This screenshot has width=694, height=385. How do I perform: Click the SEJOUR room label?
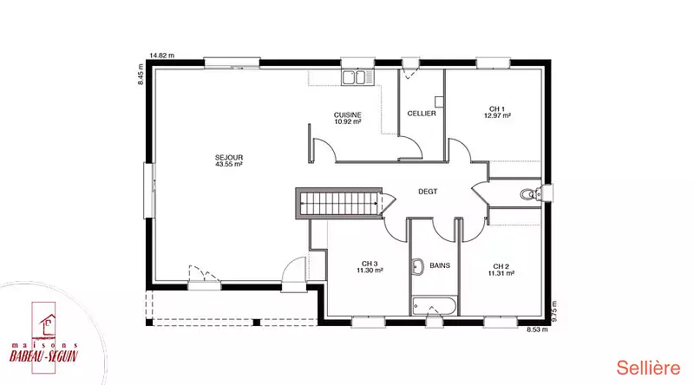pos(229,158)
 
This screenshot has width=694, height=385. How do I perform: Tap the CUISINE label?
pos(348,115)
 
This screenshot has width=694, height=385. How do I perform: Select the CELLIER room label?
pos(422,114)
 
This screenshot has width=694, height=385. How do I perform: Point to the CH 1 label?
pos(497,109)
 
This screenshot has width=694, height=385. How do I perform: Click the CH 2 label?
pos(501,266)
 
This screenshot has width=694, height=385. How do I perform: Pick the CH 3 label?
pos(370,264)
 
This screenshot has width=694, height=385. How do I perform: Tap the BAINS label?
pos(440,265)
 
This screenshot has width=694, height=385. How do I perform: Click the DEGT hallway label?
pos(428,192)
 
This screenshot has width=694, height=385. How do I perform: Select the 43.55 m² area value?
pos(229,164)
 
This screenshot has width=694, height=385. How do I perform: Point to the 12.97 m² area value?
pos(497,115)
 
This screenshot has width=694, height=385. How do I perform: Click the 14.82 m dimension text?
pos(162,55)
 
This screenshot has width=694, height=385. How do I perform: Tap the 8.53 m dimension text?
pos(537,330)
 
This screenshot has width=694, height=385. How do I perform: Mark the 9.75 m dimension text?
pos(554,310)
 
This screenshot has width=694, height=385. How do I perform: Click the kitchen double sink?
pos(357,77)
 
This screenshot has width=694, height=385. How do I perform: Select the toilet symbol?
pos(532,194)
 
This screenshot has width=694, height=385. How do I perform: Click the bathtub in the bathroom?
pos(434,306)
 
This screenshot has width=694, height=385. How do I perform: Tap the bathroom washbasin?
pos(417,267)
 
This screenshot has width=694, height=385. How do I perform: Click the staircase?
pos(338,203)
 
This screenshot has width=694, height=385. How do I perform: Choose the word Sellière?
pos(648,368)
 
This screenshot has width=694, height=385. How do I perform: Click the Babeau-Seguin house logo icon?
pos(48,324)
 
